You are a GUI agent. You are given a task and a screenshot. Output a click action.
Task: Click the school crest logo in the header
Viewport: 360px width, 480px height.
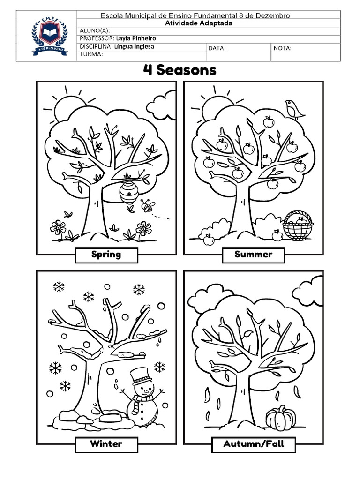pyautogui.click(x=49, y=37)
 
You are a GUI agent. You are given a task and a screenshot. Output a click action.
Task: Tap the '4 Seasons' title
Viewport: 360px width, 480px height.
pyautogui.click(x=180, y=70)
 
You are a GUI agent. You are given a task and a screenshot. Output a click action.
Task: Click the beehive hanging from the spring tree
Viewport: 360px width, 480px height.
pyautogui.click(x=128, y=193)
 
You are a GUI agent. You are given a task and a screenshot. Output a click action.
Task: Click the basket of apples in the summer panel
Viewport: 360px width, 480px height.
pyautogui.click(x=298, y=225)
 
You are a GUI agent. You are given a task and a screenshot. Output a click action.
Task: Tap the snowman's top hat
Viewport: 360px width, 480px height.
pyautogui.click(x=141, y=376)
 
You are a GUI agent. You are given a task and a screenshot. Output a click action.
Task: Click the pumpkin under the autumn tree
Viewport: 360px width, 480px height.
pyautogui.click(x=281, y=418)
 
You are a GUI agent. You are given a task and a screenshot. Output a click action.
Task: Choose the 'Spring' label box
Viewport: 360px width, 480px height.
pyautogui.click(x=106, y=255)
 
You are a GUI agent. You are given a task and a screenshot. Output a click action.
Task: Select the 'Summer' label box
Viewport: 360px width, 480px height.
pyautogui.click(x=254, y=255)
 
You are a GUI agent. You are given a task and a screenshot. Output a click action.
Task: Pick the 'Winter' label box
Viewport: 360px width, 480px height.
pyautogui.click(x=106, y=444)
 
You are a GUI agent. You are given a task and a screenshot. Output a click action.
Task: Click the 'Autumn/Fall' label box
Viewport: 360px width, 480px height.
pyautogui.click(x=254, y=444)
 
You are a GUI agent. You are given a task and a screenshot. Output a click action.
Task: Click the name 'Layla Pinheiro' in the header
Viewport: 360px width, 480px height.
pyautogui.click(x=136, y=38)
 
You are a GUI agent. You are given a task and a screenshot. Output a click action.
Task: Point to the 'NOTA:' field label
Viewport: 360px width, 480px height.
pyautogui.click(x=283, y=48)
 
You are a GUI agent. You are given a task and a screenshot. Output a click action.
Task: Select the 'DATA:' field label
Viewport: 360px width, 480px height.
pyautogui.click(x=217, y=48)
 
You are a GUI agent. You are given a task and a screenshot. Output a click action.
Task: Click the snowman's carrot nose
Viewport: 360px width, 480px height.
pyautogui.click(x=146, y=391)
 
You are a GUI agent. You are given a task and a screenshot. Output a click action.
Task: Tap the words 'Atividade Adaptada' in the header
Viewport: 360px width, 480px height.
pyautogui.click(x=199, y=23)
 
